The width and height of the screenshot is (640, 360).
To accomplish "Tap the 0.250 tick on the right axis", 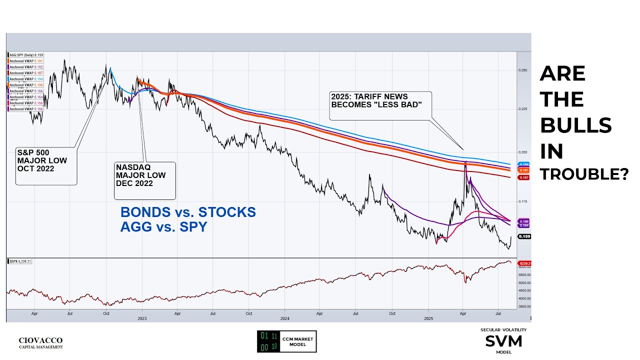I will (x=522, y=70).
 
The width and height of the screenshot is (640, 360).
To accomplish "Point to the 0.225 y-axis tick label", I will (x=522, y=108).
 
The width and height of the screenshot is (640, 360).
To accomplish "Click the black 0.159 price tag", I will (x=524, y=236).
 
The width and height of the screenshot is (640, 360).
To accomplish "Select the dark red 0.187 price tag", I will (x=524, y=177).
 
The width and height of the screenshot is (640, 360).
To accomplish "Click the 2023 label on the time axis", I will (x=142, y=318).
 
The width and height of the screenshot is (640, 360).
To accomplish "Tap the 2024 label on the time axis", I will (x=285, y=318).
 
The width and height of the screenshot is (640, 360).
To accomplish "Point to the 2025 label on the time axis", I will (x=428, y=318).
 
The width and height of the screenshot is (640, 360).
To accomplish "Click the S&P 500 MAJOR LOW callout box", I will (x=46, y=165).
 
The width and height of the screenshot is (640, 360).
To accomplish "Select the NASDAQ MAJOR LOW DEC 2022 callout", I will (x=145, y=180).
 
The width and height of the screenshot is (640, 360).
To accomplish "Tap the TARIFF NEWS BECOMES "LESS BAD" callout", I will (x=380, y=105).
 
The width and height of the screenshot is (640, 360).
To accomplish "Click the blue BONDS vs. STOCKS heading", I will (x=188, y=212).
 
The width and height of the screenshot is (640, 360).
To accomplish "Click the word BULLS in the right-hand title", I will (x=575, y=125).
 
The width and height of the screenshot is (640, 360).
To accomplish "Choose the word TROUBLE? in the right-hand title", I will (x=584, y=174).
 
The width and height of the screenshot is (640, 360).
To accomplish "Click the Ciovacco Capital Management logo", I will (x=40, y=342).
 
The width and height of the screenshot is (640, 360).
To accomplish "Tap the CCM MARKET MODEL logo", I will (x=286, y=341).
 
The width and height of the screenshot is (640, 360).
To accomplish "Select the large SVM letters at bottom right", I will (x=503, y=341).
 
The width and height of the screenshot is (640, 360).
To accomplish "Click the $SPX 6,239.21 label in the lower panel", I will (x=20, y=261).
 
